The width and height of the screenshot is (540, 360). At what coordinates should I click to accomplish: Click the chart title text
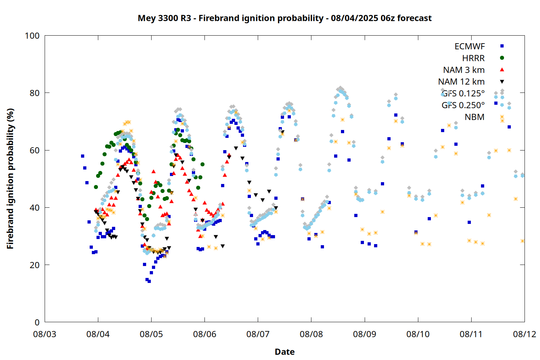pyautogui.click(x=284, y=18)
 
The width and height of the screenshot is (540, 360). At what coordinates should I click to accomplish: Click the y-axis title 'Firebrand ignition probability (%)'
pyautogui.click(x=10, y=179)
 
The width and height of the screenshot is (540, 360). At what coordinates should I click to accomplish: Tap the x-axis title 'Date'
pyautogui.click(x=285, y=352)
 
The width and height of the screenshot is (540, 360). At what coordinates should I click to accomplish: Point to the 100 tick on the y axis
pyautogui.click(x=32, y=36)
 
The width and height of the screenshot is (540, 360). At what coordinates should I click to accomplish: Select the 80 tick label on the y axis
pyautogui.click(x=35, y=93)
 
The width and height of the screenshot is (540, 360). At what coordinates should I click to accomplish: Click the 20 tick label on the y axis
pyautogui.click(x=35, y=265)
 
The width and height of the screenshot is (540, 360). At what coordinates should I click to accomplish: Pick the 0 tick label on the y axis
pyautogui.click(x=37, y=323)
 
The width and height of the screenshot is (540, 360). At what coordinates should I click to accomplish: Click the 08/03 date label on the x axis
pyautogui.click(x=45, y=334)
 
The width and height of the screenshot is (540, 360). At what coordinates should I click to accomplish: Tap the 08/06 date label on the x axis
pyautogui.click(x=205, y=334)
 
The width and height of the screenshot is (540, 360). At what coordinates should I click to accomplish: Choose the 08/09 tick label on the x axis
pyautogui.click(x=364, y=334)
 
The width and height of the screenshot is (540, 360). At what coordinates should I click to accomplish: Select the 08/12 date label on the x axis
pyautogui.click(x=525, y=334)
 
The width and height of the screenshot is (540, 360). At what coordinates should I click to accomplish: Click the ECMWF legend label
pyautogui.click(x=469, y=46)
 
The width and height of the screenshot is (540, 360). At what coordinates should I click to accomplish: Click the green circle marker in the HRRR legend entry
pyautogui.click(x=502, y=58)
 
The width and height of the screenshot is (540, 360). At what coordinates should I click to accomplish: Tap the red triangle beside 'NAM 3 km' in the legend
pyautogui.click(x=502, y=70)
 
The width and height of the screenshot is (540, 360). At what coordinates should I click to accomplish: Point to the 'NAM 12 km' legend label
pyautogui.click(x=461, y=82)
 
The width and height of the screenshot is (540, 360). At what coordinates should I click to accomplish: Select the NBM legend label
pyautogui.click(x=474, y=117)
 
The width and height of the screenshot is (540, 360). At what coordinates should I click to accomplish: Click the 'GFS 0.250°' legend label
pyautogui.click(x=463, y=105)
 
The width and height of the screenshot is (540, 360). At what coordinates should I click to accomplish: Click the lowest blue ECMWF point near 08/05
pyautogui.click(x=149, y=282)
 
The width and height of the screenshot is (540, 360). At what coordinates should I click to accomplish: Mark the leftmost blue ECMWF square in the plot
pyautogui.click(x=82, y=156)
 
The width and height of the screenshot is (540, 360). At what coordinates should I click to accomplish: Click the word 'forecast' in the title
pyautogui.click(x=414, y=18)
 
